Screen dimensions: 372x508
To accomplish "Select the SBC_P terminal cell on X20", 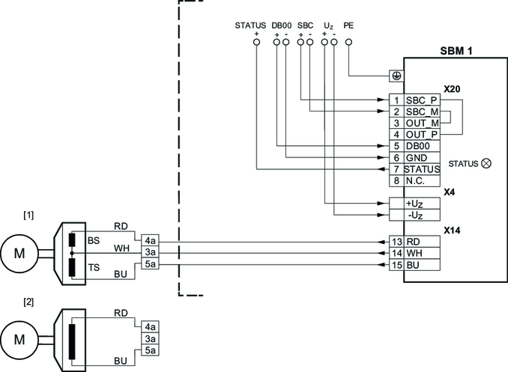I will pyautogui.click(x=422, y=100).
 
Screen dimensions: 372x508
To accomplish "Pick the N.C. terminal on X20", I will pyautogui.click(x=417, y=180).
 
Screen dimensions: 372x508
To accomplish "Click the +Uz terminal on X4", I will pyautogui.click(x=414, y=204).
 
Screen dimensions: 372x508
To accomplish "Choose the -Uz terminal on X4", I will pyautogui.click(x=414, y=216).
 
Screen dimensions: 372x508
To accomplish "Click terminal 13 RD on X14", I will pyautogui.click(x=414, y=243).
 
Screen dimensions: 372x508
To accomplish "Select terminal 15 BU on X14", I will pyautogui.click(x=414, y=265).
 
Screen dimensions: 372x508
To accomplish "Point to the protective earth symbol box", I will pyautogui.click(x=396, y=76).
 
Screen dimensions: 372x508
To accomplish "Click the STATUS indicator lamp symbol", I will pyautogui.click(x=486, y=163).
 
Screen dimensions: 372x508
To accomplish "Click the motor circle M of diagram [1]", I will pyautogui.click(x=19, y=252).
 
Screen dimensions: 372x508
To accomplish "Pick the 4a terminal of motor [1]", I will pyautogui.click(x=150, y=242).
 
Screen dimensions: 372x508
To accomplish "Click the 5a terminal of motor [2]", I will pyautogui.click(x=150, y=350).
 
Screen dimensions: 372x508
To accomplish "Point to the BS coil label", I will pyautogui.click(x=94, y=241).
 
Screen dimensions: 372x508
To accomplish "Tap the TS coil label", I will pyautogui.click(x=94, y=267).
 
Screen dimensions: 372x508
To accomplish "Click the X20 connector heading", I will pyautogui.click(x=451, y=88).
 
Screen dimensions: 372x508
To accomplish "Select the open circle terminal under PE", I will pyautogui.click(x=349, y=43).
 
